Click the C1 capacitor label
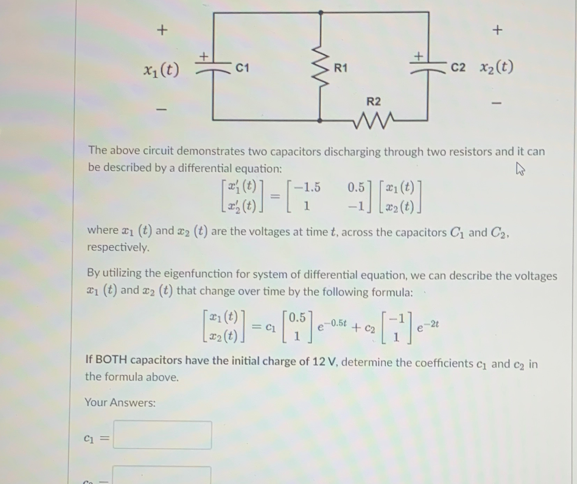point(242,67)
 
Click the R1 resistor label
point(340,67)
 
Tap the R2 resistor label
point(373,101)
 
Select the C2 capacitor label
point(458,67)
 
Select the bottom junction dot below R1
point(320,120)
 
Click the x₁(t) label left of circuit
point(161,70)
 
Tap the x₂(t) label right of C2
point(497,67)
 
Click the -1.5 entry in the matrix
point(307,187)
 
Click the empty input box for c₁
point(162,435)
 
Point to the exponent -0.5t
point(335,323)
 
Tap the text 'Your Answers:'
point(120,403)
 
